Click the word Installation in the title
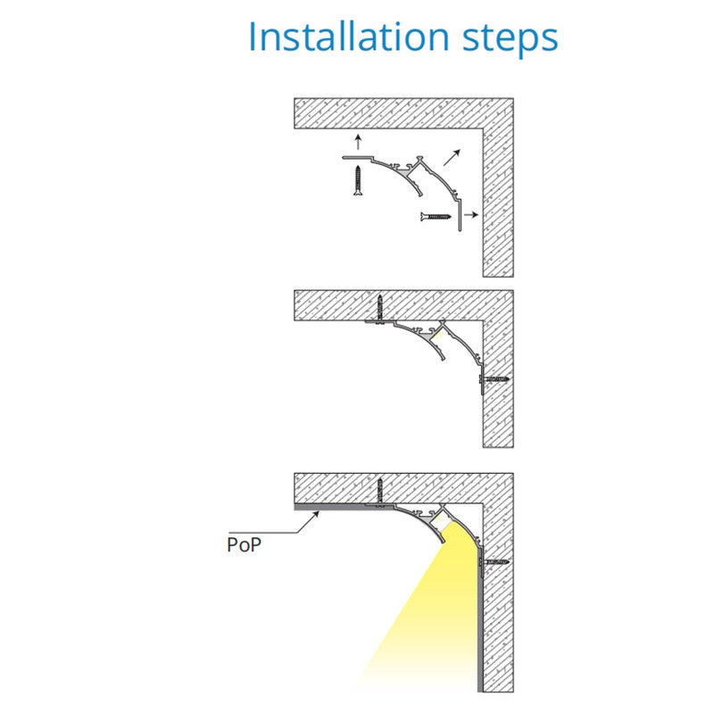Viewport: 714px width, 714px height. (x=349, y=37)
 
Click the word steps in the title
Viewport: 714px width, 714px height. (x=511, y=39)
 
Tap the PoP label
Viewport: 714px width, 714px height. (x=244, y=544)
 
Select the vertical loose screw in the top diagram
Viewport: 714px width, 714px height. (x=359, y=181)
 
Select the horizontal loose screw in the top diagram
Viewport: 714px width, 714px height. (x=436, y=217)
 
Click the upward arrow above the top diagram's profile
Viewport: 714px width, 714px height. (x=359, y=142)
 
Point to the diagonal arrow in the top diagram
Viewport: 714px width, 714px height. (x=452, y=158)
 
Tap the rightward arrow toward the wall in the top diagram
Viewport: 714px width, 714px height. (x=472, y=215)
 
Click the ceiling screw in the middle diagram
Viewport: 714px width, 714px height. (x=380, y=309)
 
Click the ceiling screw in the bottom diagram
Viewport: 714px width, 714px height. (x=380, y=493)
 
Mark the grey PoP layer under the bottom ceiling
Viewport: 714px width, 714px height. (x=342, y=507)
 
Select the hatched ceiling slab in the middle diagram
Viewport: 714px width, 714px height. (x=403, y=305)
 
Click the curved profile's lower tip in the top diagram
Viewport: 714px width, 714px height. (x=420, y=195)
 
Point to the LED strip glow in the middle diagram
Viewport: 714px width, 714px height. (x=438, y=337)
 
